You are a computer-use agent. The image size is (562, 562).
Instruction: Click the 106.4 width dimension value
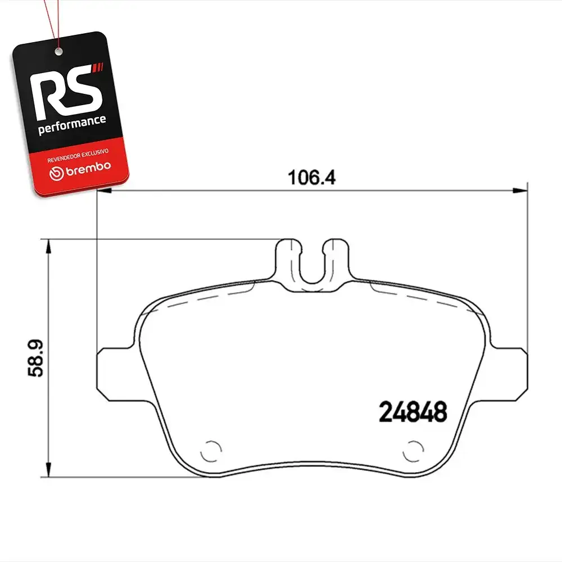point(311,178)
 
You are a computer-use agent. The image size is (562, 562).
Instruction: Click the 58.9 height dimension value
point(36,358)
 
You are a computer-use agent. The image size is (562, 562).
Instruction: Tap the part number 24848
point(413,412)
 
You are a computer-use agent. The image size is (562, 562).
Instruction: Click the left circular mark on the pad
point(211,451)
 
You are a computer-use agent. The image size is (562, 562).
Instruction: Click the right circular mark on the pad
point(413,451)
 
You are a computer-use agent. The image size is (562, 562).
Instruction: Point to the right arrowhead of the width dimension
point(520,191)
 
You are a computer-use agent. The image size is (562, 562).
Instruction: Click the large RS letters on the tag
point(66,92)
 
